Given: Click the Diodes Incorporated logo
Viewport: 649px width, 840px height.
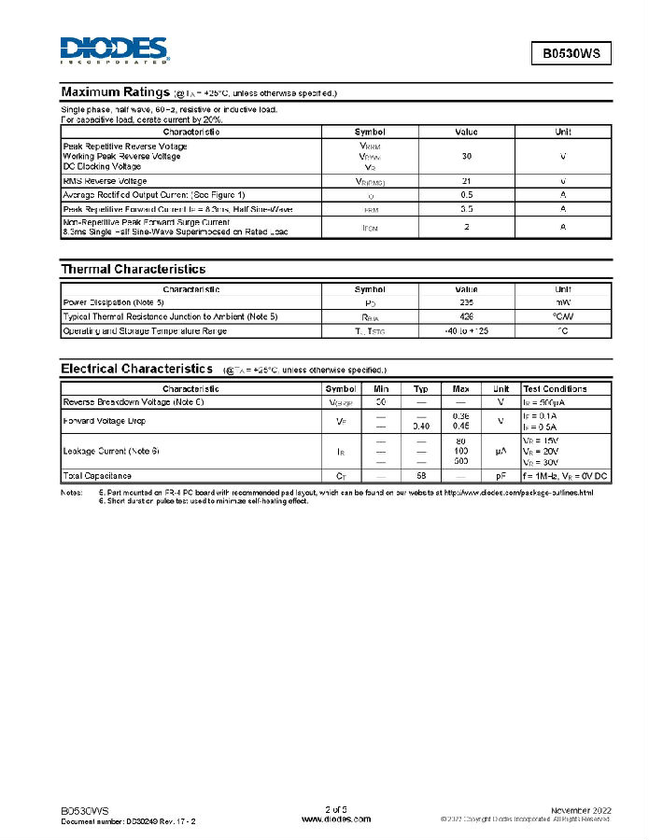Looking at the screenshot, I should (x=114, y=50).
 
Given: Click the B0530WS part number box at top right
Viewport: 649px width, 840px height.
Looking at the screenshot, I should (x=571, y=53).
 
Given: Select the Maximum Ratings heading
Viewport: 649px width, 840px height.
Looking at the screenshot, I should (x=115, y=92).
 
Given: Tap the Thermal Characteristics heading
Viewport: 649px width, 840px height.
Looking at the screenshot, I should (x=133, y=269).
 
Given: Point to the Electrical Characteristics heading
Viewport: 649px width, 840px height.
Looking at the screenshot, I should (x=137, y=369).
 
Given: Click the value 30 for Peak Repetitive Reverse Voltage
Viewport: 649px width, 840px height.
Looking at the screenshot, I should (x=466, y=157).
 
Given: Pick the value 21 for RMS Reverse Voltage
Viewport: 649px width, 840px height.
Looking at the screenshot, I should (x=466, y=181).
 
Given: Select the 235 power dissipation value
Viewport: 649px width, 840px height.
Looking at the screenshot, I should (x=466, y=303).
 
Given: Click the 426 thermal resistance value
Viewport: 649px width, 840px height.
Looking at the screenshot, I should (x=466, y=317).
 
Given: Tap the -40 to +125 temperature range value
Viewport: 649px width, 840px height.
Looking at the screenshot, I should (x=466, y=331).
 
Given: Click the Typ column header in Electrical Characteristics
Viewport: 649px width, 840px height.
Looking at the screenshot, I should (x=421, y=388).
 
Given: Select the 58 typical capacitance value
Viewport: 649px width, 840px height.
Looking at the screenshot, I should (x=421, y=476).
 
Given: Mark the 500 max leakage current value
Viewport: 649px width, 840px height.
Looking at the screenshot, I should (x=460, y=461).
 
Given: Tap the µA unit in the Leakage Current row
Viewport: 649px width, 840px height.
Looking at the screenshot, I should (x=501, y=451).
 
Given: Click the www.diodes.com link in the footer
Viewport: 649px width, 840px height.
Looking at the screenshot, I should (x=336, y=819).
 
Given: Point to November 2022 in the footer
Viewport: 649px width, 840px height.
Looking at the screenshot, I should (x=581, y=809).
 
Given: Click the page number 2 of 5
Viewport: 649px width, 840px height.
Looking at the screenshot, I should (x=336, y=808).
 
